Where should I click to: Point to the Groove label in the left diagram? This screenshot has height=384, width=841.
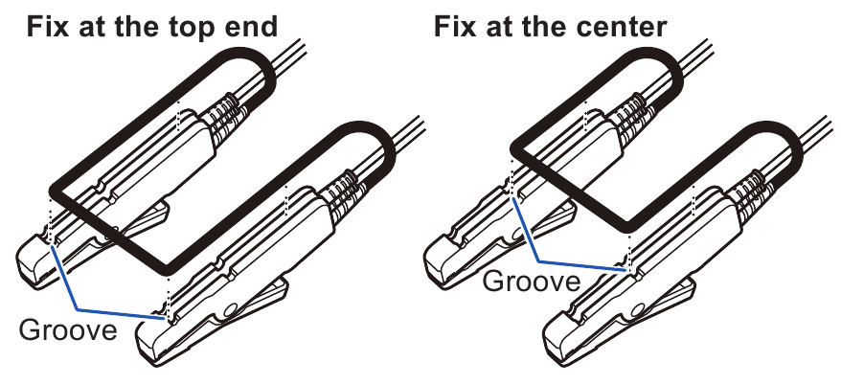click(x=68, y=331)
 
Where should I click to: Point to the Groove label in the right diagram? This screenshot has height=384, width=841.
click(x=531, y=282)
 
